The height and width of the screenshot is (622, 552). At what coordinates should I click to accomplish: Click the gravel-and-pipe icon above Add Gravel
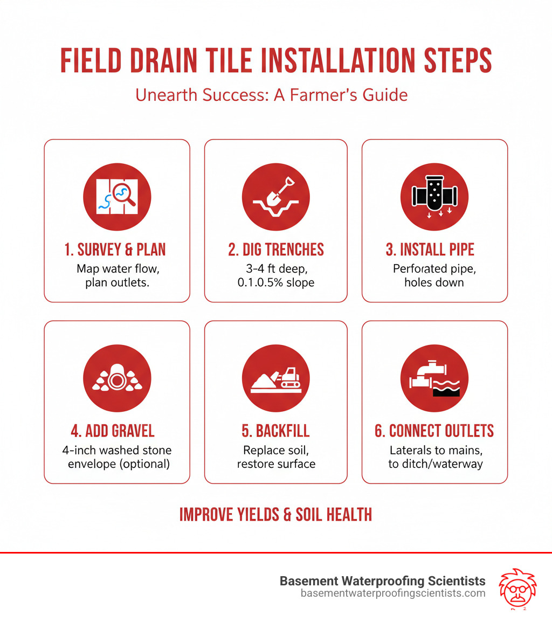(x=117, y=378)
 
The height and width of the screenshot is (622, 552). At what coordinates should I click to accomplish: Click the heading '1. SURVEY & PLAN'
(x=115, y=250)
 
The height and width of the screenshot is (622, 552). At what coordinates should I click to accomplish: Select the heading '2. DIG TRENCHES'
(x=276, y=250)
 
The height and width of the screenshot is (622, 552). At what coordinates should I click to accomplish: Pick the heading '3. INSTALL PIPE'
(x=430, y=250)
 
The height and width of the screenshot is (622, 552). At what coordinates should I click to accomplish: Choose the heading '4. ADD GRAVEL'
(x=113, y=431)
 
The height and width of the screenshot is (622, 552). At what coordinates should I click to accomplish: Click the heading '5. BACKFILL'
(x=276, y=431)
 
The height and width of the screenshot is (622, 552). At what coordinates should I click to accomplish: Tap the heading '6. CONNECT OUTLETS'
(x=434, y=431)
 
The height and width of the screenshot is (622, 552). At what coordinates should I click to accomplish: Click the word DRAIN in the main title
(x=163, y=61)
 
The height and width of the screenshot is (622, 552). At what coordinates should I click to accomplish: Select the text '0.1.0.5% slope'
(x=276, y=282)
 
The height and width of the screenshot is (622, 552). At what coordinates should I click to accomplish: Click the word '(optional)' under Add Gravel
(x=144, y=464)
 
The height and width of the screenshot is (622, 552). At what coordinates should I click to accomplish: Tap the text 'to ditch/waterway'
(x=436, y=464)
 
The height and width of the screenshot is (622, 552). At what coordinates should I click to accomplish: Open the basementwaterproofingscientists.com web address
(x=393, y=593)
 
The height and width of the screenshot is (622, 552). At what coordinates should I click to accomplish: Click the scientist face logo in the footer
(x=517, y=589)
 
